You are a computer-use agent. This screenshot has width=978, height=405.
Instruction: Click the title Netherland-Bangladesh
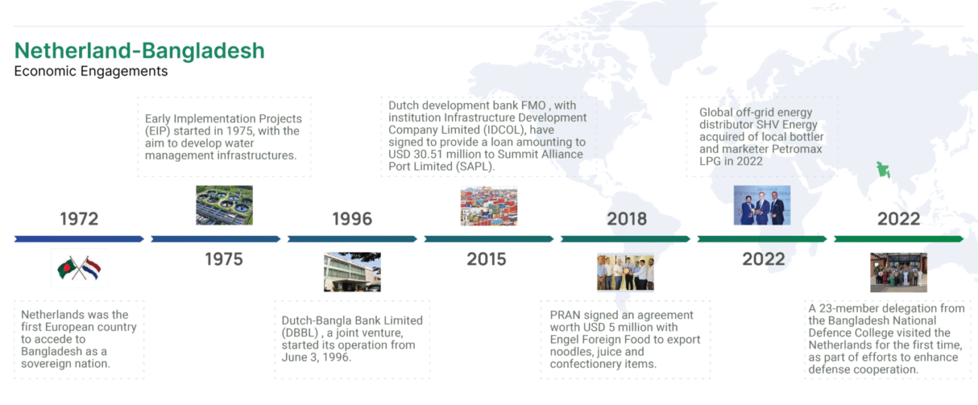pyautogui.click(x=139, y=50)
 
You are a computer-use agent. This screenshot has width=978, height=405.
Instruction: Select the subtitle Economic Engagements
pyautogui.click(x=91, y=71)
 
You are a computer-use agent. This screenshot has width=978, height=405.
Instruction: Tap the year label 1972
pyautogui.click(x=79, y=219)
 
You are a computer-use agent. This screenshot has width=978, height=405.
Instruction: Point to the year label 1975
pyautogui.click(x=224, y=259)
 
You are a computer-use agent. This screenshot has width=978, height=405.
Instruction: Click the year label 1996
pyautogui.click(x=352, y=219)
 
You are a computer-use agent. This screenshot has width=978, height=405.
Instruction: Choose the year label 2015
pyautogui.click(x=487, y=259)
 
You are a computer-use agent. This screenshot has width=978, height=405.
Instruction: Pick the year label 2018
pyautogui.click(x=627, y=219)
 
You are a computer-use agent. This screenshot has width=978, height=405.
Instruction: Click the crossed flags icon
pyautogui.click(x=79, y=268)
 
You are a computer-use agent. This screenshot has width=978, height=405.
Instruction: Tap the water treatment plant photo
pyautogui.click(x=224, y=205)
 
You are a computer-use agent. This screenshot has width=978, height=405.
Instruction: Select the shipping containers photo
pyautogui.click(x=489, y=206)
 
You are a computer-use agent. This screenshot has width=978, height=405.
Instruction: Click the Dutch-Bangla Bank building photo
pyautogui.click(x=352, y=272)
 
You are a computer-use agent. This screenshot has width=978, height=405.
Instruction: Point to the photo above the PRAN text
pyautogui.click(x=626, y=273)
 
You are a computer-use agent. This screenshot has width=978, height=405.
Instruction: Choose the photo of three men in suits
pyautogui.click(x=762, y=205)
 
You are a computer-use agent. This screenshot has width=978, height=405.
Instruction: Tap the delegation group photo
pyautogui.click(x=898, y=273)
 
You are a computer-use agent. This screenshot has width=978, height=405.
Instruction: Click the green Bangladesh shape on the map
pyautogui.click(x=883, y=170)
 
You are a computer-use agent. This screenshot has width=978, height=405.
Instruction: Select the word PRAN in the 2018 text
pyautogui.click(x=565, y=315)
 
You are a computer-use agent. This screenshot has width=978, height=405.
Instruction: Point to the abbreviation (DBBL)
pyautogui.click(x=300, y=333)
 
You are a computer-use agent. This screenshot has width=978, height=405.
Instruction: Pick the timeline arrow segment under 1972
pyautogui.click(x=79, y=239)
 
